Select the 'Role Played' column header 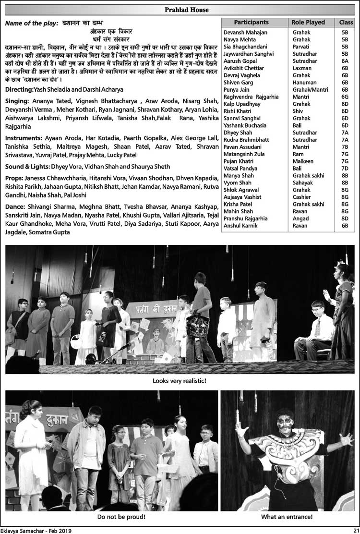click(308, 22)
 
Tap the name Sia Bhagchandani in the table click(245, 47)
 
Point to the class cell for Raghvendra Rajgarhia click(345, 97)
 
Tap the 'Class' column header click(346, 22)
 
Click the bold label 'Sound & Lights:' click(27, 167)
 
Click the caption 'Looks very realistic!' click(180, 381)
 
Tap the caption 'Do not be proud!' click(121, 517)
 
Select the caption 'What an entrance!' click(287, 517)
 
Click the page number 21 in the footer click(356, 530)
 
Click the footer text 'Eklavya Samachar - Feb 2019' click(36, 530)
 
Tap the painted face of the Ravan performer click(285, 421)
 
